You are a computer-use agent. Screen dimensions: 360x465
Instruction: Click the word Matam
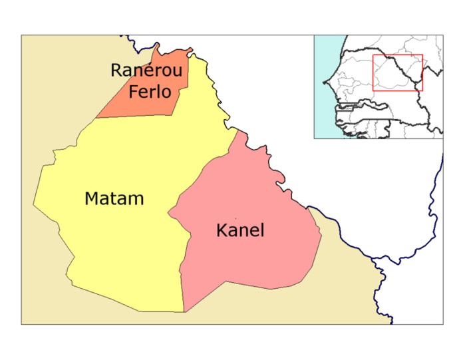tap(114, 198)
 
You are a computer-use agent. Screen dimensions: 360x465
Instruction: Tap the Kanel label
tap(240, 231)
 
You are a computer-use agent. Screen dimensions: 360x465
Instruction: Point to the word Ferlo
tap(150, 91)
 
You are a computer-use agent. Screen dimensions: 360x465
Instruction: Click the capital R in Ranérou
tap(117, 71)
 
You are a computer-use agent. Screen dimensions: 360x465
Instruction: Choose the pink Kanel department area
tap(259, 260)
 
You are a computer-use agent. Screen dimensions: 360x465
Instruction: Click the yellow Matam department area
tap(120, 246)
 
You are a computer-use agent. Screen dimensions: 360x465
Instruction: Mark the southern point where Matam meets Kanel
tap(184, 311)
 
